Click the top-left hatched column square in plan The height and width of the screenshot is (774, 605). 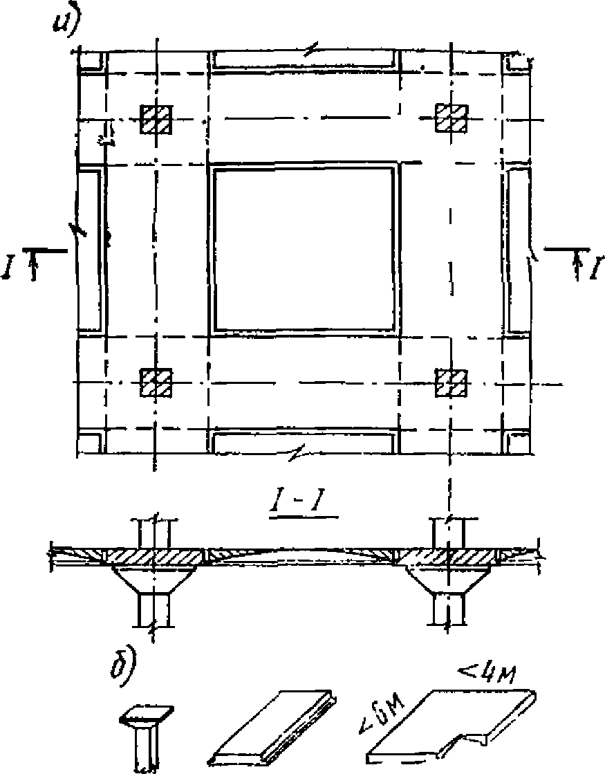tap(156, 119)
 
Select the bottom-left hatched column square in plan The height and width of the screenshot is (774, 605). tap(156, 383)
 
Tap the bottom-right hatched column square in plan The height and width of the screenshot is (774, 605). tap(451, 383)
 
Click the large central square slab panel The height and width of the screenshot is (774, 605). tap(304, 250)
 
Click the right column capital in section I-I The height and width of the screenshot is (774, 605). tap(449, 580)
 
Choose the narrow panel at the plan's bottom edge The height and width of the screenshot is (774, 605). tap(304, 442)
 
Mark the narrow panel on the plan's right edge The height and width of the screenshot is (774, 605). tap(517, 250)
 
